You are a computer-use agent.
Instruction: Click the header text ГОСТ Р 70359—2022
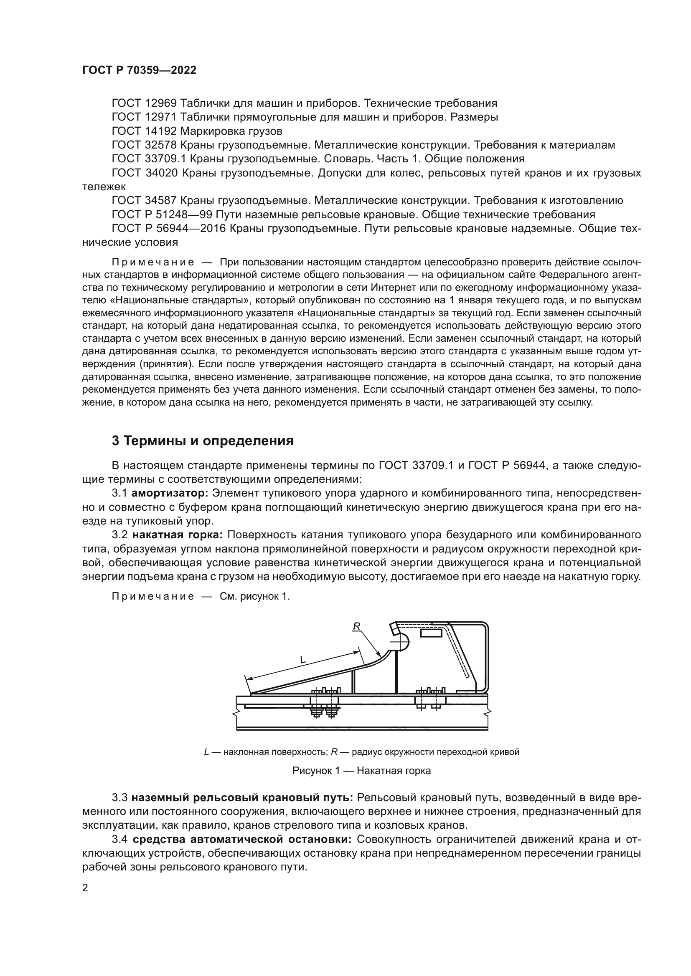coord(139,71)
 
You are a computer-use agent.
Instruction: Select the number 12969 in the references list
coord(161,103)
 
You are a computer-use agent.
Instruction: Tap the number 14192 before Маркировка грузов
coord(161,131)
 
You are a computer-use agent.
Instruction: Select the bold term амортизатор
coord(170,493)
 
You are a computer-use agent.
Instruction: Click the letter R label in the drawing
coord(356,626)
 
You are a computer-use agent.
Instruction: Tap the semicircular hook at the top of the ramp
coord(400,640)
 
